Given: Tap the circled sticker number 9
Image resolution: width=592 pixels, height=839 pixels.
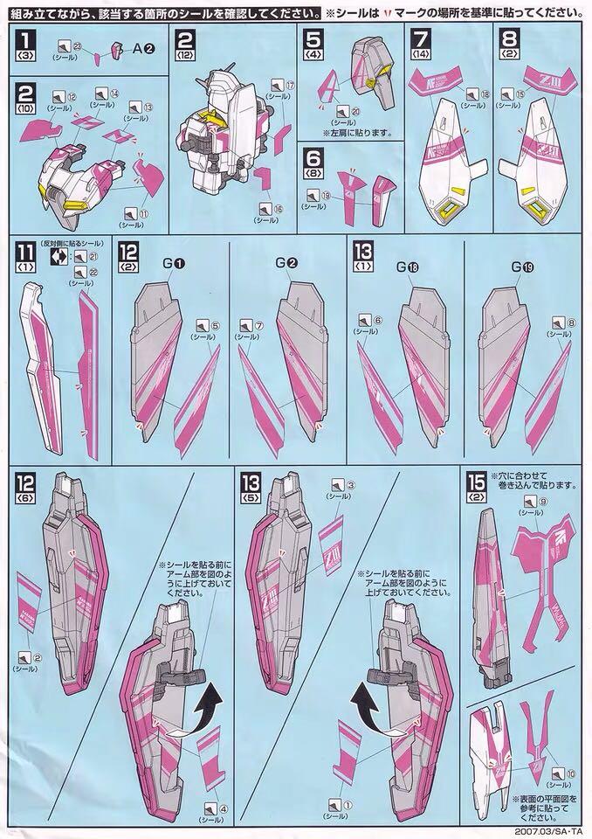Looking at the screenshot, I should point(543,503).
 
